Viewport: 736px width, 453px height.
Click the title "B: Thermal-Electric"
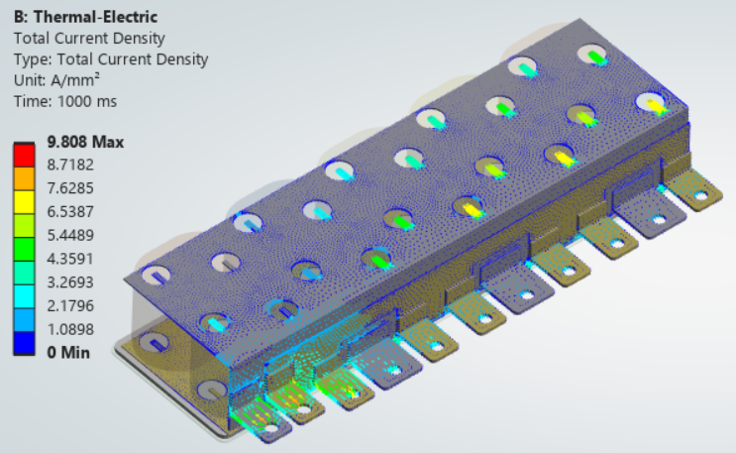click(85, 17)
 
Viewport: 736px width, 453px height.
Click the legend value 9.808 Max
click(85, 142)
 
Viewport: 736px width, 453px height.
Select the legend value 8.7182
click(70, 165)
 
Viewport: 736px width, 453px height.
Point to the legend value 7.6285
click(70, 188)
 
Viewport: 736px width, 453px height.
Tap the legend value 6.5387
click(70, 212)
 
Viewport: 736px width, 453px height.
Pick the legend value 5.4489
click(70, 236)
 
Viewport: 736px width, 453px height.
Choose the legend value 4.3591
click(70, 259)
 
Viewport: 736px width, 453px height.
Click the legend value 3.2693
click(70, 283)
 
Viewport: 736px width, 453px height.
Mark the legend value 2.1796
click(70, 306)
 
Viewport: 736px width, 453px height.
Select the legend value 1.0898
click(70, 329)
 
